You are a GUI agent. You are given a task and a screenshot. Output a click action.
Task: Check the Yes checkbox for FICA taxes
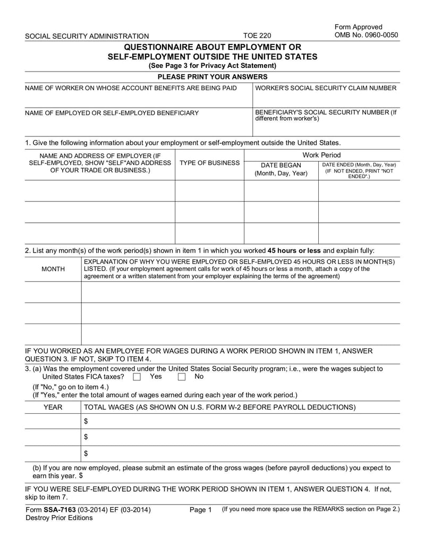click(x=137, y=377)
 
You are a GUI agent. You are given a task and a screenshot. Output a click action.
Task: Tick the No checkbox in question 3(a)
click(x=182, y=377)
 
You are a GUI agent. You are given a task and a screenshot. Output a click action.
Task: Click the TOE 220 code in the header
click(x=257, y=36)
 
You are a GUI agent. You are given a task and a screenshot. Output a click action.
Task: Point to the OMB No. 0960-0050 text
click(x=366, y=35)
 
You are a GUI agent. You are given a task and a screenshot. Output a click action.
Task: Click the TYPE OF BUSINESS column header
click(x=209, y=163)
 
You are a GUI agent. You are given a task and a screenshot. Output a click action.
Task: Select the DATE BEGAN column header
click(x=281, y=169)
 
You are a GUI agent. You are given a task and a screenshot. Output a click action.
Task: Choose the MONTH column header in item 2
click(x=53, y=269)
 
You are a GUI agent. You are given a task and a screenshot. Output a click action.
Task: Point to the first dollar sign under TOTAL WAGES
click(x=86, y=421)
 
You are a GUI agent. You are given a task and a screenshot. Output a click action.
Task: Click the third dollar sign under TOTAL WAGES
click(x=86, y=453)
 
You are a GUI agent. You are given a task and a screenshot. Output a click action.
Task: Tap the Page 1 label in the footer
click(x=200, y=510)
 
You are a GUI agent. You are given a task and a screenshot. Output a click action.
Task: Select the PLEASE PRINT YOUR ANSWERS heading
click(x=212, y=77)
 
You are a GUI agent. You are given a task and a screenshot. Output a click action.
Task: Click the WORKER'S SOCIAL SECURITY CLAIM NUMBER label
click(x=326, y=88)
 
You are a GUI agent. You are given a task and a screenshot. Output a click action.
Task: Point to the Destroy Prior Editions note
click(x=58, y=518)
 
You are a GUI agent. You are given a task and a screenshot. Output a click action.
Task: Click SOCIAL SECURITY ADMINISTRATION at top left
click(x=87, y=36)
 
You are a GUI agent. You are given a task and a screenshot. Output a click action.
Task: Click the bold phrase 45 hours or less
click(x=294, y=250)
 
